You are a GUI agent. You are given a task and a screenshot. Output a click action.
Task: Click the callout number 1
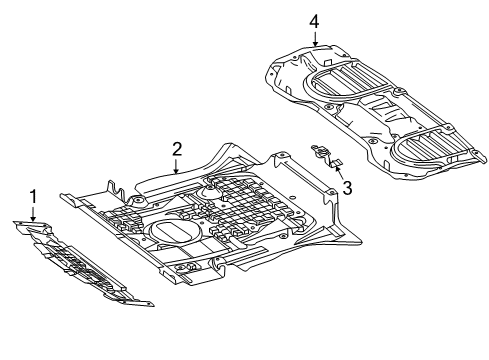pyautogui.click(x=33, y=197)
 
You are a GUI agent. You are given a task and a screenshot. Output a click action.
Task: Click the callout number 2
pyautogui.click(x=177, y=149)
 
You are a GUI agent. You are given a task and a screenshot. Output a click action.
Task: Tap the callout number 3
pyautogui.click(x=347, y=188)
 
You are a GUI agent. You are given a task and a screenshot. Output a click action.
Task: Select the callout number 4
pyautogui.click(x=314, y=22)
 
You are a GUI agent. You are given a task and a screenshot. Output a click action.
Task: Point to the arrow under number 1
pyautogui.click(x=33, y=214)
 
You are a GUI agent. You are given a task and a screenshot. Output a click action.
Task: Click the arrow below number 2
pyautogui.click(x=176, y=166)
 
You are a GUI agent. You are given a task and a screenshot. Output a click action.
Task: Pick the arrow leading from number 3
pyautogui.click(x=338, y=172)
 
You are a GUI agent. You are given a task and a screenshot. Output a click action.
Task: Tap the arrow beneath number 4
pyautogui.click(x=315, y=38)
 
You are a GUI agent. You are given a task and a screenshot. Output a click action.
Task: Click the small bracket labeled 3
pyautogui.click(x=326, y=155)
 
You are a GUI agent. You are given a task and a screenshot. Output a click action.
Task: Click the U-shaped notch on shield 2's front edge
pyautogui.click(x=219, y=262)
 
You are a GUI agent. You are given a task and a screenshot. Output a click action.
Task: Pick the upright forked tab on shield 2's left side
pyautogui.click(x=115, y=190)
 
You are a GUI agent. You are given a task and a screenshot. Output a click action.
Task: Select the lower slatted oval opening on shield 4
pyautogui.click(x=430, y=147)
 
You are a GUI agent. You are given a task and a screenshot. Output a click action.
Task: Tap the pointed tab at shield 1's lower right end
pyautogui.click(x=147, y=304)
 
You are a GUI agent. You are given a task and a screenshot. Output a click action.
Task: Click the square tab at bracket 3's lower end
pyautogui.click(x=336, y=164)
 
